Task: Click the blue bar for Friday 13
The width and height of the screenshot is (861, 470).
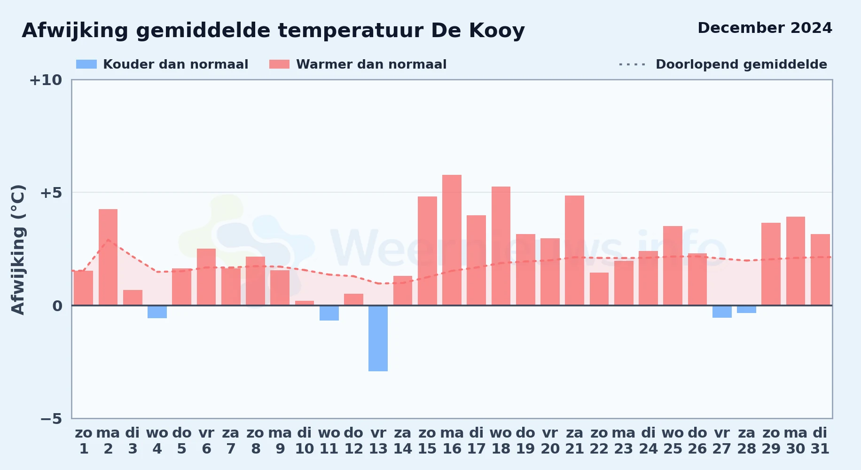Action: (x=378, y=338)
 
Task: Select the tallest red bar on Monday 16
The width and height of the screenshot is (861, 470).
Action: (x=452, y=240)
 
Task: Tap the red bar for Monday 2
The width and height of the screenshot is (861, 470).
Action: (x=108, y=257)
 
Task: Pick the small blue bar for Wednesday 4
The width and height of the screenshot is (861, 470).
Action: (x=157, y=312)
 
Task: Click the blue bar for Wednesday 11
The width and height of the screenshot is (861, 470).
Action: (x=329, y=313)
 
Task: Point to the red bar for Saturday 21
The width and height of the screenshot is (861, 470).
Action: (x=574, y=251)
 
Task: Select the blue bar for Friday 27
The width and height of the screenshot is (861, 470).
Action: (x=722, y=312)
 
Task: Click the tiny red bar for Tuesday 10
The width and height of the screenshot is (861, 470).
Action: (x=305, y=303)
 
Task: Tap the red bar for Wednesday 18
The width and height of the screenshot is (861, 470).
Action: (x=501, y=246)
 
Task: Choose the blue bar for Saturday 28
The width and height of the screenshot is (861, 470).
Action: (x=746, y=309)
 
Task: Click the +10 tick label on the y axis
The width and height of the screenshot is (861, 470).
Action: (x=46, y=80)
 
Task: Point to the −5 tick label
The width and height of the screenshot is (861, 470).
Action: (x=51, y=419)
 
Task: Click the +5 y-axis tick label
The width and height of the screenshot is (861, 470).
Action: (x=51, y=193)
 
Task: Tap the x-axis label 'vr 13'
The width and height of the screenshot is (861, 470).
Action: (x=378, y=441)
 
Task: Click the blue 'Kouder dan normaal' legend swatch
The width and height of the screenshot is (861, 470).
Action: (x=86, y=64)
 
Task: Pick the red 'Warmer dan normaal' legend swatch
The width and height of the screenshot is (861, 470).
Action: (x=279, y=64)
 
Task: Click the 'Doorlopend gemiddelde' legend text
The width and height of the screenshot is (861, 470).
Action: (x=741, y=64)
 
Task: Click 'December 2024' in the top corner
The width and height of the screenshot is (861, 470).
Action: (x=765, y=28)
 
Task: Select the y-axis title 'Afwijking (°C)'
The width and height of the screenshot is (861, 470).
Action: (x=18, y=250)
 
